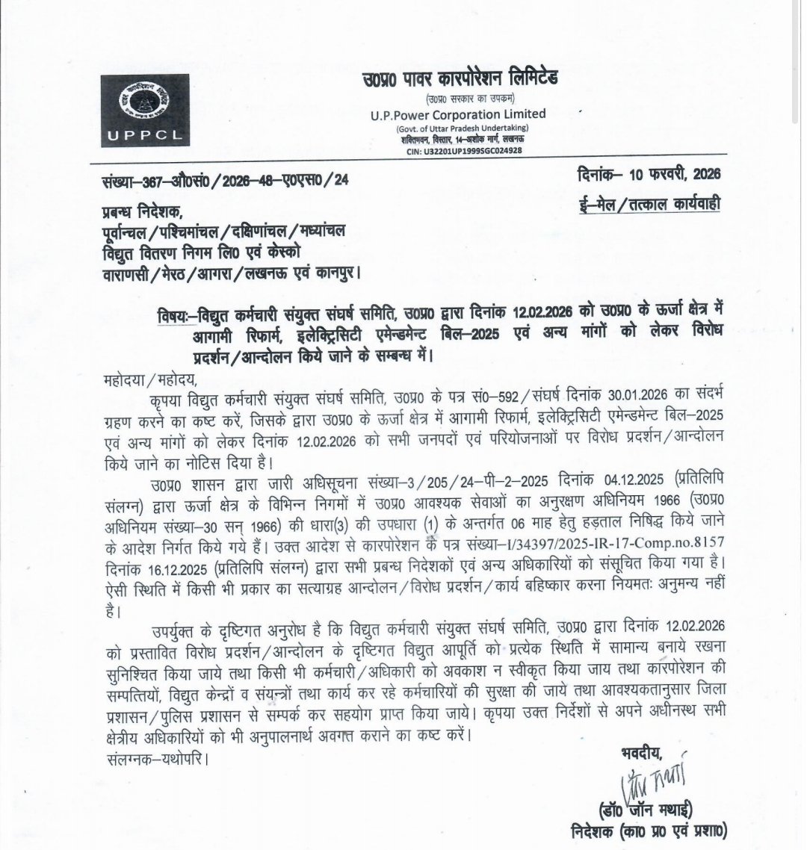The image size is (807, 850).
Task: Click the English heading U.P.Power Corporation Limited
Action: pos(457,114)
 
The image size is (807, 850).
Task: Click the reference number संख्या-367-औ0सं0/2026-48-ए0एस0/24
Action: pos(224,180)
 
